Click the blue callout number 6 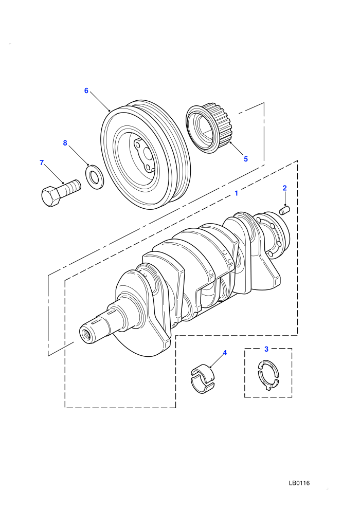pos(86,90)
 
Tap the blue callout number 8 pos(65,143)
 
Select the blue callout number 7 pos(42,162)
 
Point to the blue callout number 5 pos(246,159)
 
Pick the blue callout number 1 pos(237,193)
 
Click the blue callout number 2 pos(285,188)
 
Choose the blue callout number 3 pos(266,349)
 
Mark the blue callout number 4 pos(225,353)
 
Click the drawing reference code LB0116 pos(299,483)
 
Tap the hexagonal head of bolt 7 pos(50,196)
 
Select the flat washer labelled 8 pos(95,176)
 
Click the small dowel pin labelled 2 pos(285,210)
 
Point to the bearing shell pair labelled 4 pos(203,379)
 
